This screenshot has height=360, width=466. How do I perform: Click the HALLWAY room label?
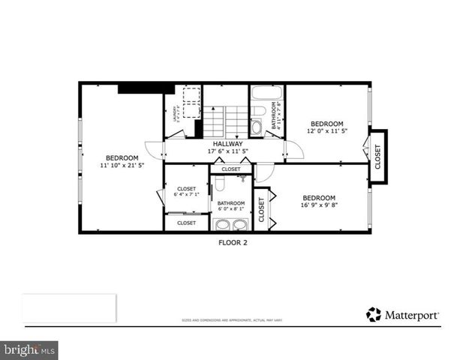pos(227,143)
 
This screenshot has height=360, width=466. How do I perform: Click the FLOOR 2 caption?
pos(233,242)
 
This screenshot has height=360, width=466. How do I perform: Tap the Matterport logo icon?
pos(373,314)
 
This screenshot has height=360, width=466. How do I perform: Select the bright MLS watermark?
pos(30,349)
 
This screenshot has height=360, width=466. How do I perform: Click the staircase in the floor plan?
pos(225,120)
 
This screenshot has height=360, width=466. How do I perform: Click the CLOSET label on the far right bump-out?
pos(378,156)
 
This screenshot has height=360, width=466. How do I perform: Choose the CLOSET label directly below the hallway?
pos(231,169)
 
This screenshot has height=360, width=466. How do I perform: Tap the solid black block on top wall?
pos(146,88)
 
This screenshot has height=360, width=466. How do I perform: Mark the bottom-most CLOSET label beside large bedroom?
pos(186,223)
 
